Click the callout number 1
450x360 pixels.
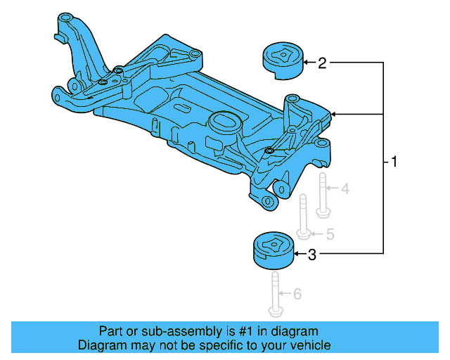point(394,163)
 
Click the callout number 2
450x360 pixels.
point(322,64)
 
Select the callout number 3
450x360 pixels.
point(313,255)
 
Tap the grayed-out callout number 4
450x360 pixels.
point(345,189)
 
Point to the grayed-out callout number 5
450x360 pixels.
point(328,233)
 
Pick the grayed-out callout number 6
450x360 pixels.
point(297,293)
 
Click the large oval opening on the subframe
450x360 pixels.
point(224,120)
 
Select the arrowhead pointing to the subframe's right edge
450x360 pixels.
point(334,113)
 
